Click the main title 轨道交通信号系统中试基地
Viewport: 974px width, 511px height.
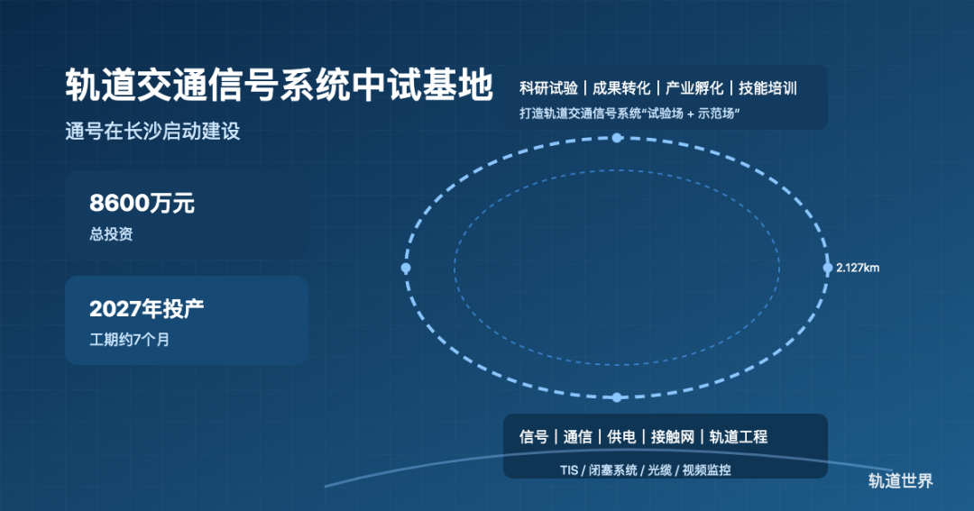point(279,85)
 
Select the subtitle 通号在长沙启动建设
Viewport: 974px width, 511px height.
point(152,131)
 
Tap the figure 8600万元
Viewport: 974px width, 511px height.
point(142,203)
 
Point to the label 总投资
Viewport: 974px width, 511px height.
point(111,234)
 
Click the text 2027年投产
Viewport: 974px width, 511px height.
point(147,308)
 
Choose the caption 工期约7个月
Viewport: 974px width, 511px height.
point(129,340)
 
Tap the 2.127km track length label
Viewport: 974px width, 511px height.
point(858,268)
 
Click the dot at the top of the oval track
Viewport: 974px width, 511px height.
point(617,138)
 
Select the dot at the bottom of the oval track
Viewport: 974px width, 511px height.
point(617,397)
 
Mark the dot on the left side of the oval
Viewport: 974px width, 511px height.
point(406,268)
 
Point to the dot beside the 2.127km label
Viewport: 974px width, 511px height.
point(827,268)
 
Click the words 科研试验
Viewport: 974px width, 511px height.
point(548,88)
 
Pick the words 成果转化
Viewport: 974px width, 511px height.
point(621,88)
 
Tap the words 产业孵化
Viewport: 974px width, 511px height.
point(694,88)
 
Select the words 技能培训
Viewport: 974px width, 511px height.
point(767,88)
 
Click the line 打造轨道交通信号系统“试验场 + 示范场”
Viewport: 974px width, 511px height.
point(629,114)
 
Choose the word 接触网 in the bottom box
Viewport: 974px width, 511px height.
point(672,437)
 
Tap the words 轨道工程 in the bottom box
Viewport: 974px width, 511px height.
point(738,437)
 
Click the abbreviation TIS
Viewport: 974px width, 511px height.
point(569,470)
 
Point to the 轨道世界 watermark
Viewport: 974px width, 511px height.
point(901,480)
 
